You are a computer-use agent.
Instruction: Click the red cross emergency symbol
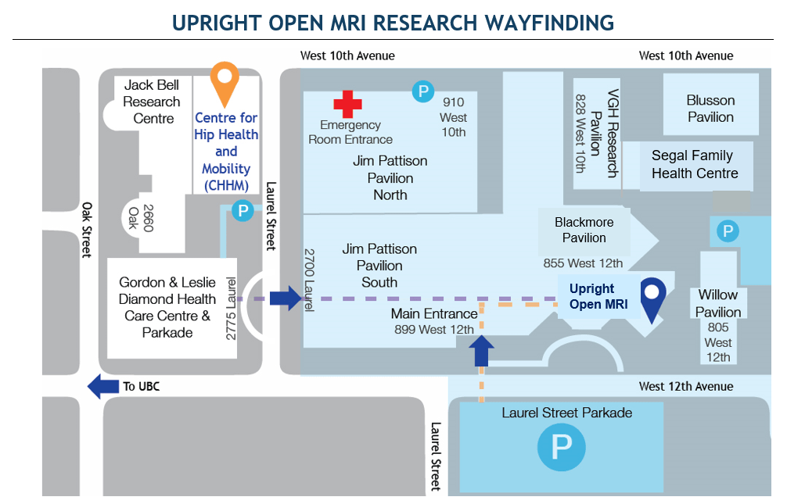pyautogui.click(x=348, y=104)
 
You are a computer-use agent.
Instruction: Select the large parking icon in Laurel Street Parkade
pyautogui.click(x=561, y=447)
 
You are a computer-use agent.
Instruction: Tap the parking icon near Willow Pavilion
pyautogui.click(x=728, y=231)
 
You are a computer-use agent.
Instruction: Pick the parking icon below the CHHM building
pyautogui.click(x=243, y=211)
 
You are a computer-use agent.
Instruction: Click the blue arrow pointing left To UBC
pyautogui.click(x=102, y=386)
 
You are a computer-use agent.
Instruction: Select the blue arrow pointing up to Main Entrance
pyautogui.click(x=482, y=352)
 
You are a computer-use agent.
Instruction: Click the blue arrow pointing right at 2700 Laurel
pyautogui.click(x=285, y=298)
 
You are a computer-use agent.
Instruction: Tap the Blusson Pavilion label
pyautogui.click(x=710, y=109)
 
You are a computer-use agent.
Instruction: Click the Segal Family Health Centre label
pyautogui.click(x=694, y=165)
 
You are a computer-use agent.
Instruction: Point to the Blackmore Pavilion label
pyautogui.click(x=584, y=230)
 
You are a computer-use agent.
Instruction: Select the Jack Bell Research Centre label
pyautogui.click(x=152, y=102)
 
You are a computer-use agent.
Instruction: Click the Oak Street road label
pyautogui.click(x=86, y=230)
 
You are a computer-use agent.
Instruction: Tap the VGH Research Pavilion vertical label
pyautogui.click(x=606, y=133)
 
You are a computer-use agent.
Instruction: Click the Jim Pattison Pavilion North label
pyautogui.click(x=390, y=177)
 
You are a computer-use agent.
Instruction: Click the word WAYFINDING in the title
pyautogui.click(x=535, y=23)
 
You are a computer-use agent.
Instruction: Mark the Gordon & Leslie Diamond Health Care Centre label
pyautogui.click(x=167, y=307)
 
